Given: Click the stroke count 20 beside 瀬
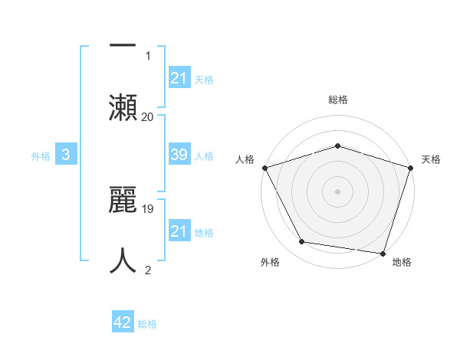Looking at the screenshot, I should tap(147, 116).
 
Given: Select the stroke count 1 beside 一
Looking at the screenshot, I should tap(148, 55).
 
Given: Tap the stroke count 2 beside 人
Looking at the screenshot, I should tap(148, 270).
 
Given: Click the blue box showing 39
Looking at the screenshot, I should tap(179, 155).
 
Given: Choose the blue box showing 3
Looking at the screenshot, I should tap(66, 155).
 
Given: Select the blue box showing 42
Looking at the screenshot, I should tap(123, 322).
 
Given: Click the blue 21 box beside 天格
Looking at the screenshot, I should tap(179, 78).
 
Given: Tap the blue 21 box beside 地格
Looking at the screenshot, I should tap(179, 231).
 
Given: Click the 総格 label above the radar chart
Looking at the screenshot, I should tap(338, 100).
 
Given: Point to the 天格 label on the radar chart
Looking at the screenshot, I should tap(431, 159).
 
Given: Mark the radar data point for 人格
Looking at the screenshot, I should tap(264, 167).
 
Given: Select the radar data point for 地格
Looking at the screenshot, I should tap(383, 253).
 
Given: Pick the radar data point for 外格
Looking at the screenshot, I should tap(302, 242).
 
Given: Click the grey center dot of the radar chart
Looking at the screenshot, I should tap(337, 191).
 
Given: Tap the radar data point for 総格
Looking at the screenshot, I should tap(337, 146).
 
